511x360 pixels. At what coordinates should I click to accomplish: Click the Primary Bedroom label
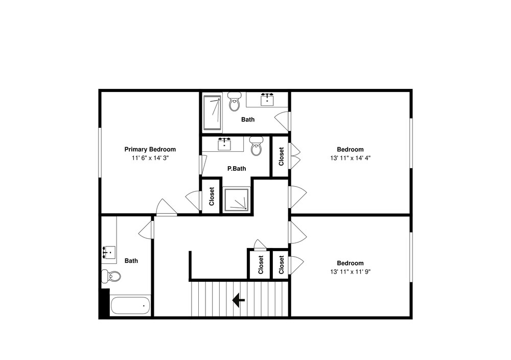point(150,149)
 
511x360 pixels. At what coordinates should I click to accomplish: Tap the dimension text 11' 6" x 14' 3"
point(150,158)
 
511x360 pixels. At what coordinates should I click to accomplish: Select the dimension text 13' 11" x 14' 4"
point(351,158)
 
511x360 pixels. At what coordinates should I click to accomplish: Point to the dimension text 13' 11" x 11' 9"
point(351,272)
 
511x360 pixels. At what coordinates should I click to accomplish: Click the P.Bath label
point(237,169)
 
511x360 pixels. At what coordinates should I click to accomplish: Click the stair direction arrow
point(239,300)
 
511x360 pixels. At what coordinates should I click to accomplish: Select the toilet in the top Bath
point(234,101)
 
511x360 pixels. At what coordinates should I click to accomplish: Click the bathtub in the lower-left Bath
point(130,306)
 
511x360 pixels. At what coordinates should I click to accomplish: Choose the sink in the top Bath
point(267,99)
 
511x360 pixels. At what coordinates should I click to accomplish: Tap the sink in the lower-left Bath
point(109,252)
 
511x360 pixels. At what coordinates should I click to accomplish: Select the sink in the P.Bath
point(224,144)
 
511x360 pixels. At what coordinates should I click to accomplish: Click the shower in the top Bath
point(212,112)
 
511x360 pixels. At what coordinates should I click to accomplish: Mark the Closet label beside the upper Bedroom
point(281,156)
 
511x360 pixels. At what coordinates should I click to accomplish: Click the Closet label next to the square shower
point(212,196)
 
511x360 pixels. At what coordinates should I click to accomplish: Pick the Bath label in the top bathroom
point(248,120)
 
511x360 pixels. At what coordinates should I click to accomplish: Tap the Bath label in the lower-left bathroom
point(131,261)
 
